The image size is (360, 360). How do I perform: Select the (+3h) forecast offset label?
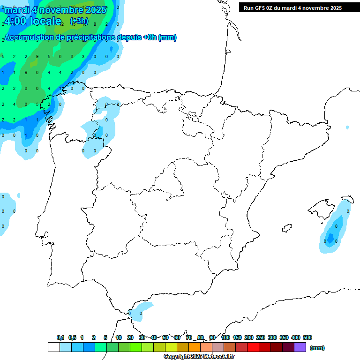pyautogui.click(x=79, y=21)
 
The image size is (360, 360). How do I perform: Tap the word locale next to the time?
pyautogui.click(x=46, y=21)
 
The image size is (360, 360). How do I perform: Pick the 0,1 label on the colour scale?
pyautogui.click(x=60, y=337)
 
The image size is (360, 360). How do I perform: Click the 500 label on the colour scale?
pyautogui.click(x=307, y=337)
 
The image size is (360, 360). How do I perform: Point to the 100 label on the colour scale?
pyautogui.click(x=225, y=337)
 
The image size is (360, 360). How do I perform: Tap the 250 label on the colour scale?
pyautogui.click(x=261, y=337)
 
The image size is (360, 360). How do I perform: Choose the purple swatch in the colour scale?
pyautogui.click(x=300, y=347)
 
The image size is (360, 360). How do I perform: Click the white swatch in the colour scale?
pyautogui.click(x=53, y=347)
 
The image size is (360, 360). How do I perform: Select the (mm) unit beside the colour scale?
pyautogui.click(x=317, y=348)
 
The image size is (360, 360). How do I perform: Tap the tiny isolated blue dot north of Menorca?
pyautogui.click(x=347, y=127)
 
